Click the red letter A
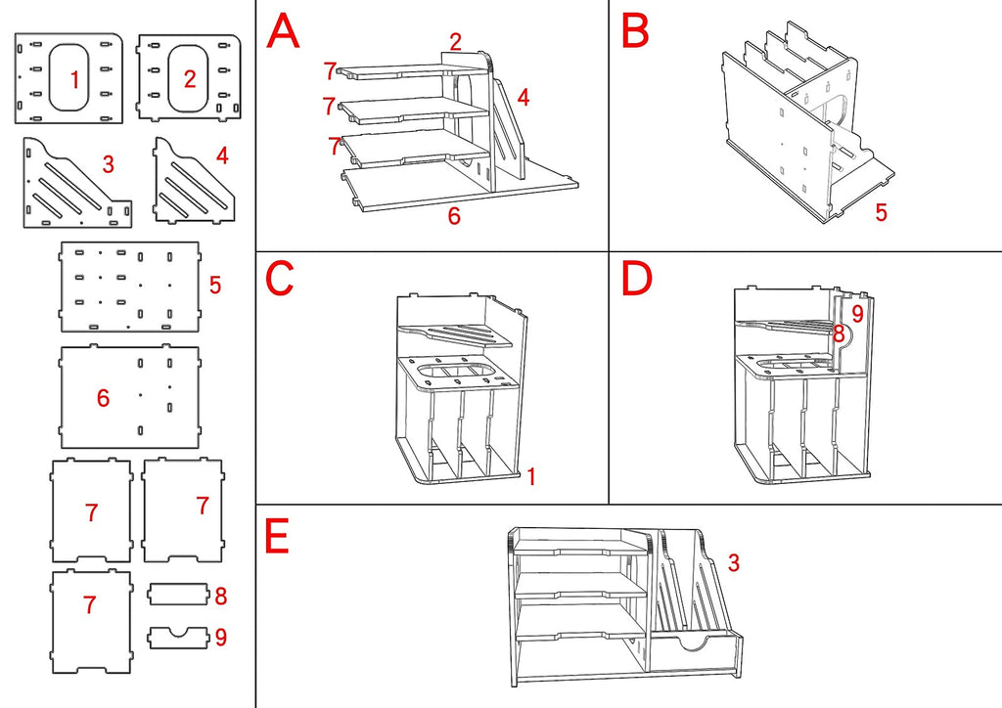pyautogui.click(x=283, y=31)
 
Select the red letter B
pyautogui.click(x=635, y=30)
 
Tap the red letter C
pyautogui.click(x=279, y=278)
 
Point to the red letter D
pyautogui.click(x=637, y=278)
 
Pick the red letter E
pyautogui.click(x=277, y=536)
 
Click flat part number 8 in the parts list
pyautogui.click(x=178, y=594)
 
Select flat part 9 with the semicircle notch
pyautogui.click(x=178, y=638)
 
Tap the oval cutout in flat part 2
pyautogui.click(x=189, y=77)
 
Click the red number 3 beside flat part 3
pyautogui.click(x=108, y=164)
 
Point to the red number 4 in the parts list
pyautogui.click(x=222, y=155)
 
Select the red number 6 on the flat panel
pyautogui.click(x=103, y=398)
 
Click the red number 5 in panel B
pyautogui.click(x=882, y=212)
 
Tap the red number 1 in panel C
pyautogui.click(x=531, y=475)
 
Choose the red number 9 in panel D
pyautogui.click(x=857, y=314)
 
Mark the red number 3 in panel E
pyautogui.click(x=734, y=562)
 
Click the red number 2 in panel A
pyautogui.click(x=455, y=41)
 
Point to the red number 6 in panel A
pyautogui.click(x=454, y=216)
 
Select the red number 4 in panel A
pyautogui.click(x=524, y=97)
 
